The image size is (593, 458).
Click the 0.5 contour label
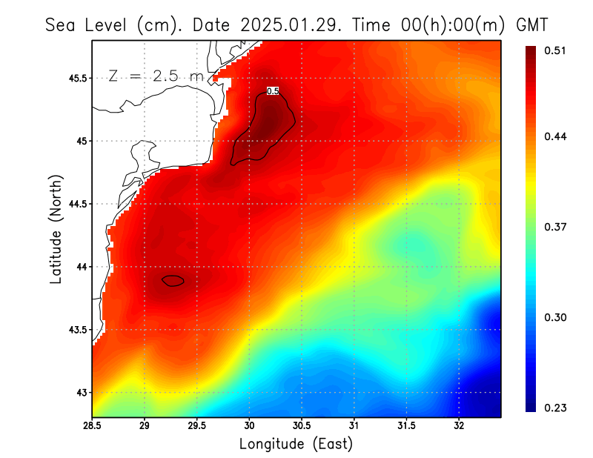pyautogui.click(x=272, y=91)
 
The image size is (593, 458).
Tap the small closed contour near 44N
pyautogui.click(x=173, y=280)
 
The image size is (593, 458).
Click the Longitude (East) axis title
pyautogui.click(x=296, y=444)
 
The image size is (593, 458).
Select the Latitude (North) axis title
pyautogui.click(x=56, y=228)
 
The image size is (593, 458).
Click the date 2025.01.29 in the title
pyautogui.click(x=285, y=24)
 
